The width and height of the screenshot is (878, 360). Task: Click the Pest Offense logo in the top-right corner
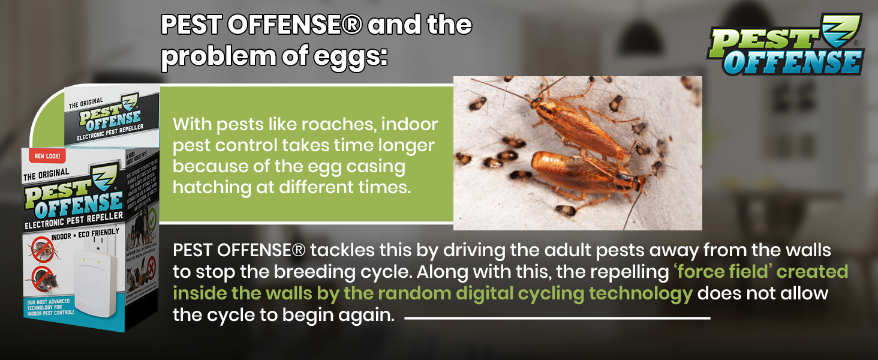pyautogui.click(x=786, y=46)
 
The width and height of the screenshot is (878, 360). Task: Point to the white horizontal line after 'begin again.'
pyautogui.click(x=557, y=318)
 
